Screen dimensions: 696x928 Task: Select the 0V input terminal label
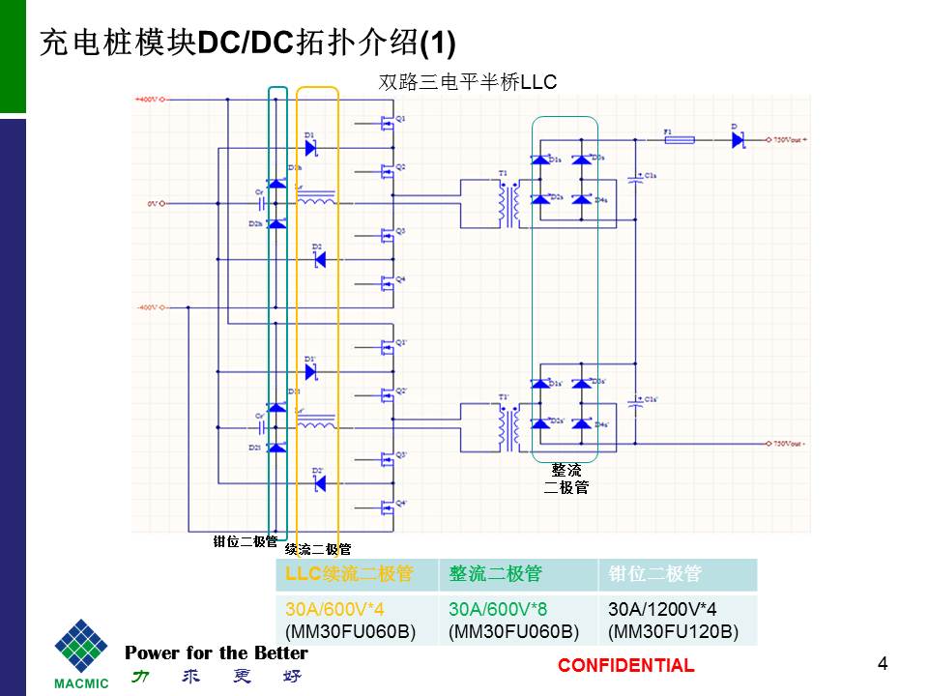coord(151,204)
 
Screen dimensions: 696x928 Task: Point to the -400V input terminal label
coord(146,307)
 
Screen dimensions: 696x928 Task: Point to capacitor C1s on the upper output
coord(638,178)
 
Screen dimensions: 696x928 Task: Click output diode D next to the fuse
coord(737,139)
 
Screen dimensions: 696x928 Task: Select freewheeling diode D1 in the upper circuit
coord(310,147)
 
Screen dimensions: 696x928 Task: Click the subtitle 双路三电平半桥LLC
coord(468,83)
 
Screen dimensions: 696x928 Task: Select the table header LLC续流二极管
coord(349,574)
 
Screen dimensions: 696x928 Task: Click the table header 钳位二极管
coord(654,574)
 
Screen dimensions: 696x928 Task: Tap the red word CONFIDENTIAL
coord(625,665)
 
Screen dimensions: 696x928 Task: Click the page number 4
coord(882,663)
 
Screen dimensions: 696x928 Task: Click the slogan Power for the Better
coord(217,653)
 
